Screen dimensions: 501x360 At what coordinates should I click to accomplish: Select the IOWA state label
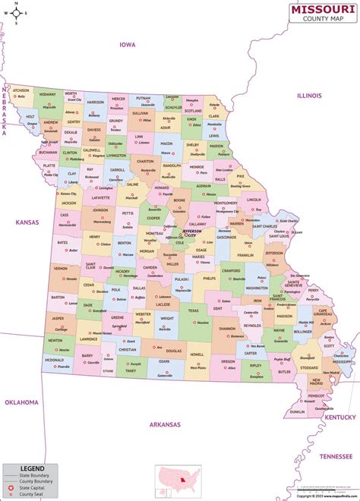click(x=127, y=45)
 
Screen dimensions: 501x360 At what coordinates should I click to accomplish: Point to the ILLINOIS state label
click(x=308, y=96)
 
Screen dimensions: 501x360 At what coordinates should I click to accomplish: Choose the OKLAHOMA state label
click(x=21, y=402)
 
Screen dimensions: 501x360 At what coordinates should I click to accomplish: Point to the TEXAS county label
click(x=193, y=310)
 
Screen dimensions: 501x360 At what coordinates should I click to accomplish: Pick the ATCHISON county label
click(x=21, y=90)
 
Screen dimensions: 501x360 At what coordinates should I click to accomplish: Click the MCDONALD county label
click(x=53, y=360)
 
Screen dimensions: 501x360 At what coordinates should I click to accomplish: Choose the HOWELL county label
click(x=197, y=354)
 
